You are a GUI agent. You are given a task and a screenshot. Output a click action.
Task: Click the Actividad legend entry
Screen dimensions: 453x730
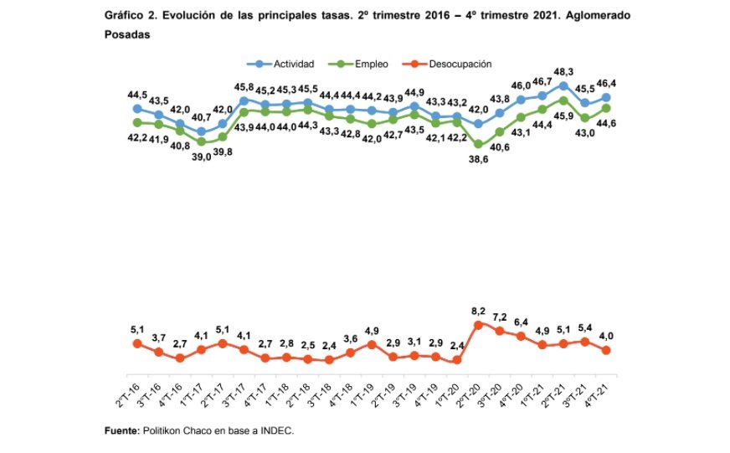tap(285, 64)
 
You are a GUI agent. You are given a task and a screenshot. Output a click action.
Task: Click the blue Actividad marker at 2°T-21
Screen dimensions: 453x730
tap(563, 85)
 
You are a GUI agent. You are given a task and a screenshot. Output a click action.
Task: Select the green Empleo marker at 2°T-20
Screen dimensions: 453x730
tap(478, 144)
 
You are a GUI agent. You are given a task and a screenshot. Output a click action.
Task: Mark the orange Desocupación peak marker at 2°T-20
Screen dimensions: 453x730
tap(478, 324)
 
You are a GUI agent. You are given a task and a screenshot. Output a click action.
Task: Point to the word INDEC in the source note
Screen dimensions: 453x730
tap(275, 431)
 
